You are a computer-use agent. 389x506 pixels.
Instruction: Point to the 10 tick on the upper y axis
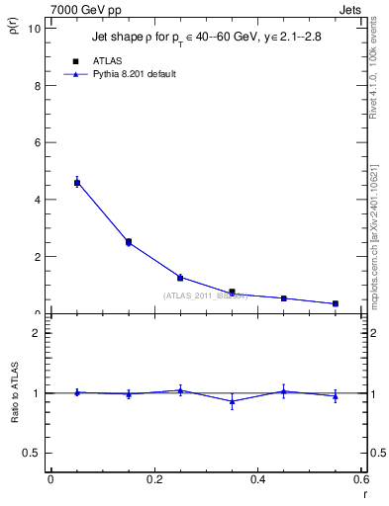[36, 28]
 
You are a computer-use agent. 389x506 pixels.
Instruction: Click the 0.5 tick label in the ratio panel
[31, 453]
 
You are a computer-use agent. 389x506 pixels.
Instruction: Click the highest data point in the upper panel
[76, 183]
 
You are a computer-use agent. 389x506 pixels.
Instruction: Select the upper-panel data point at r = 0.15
[128, 241]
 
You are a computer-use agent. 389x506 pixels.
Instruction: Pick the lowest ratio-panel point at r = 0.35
[232, 401]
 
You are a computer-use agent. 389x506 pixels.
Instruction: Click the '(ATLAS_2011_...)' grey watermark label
[205, 295]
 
